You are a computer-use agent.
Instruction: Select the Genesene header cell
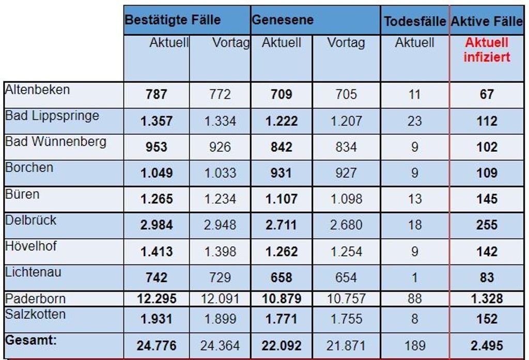pos(283,20)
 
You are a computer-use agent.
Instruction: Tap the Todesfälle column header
pos(414,21)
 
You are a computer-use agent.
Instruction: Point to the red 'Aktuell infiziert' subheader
pos(486,50)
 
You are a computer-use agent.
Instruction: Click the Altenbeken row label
pos(37,90)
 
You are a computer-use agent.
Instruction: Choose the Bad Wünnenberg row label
pos(56,142)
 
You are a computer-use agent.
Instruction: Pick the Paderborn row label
pos(36,299)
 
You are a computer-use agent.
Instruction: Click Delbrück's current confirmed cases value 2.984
pos(156,225)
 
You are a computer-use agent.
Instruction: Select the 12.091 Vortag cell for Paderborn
pos(220,299)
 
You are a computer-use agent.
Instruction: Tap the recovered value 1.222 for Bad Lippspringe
pos(282,121)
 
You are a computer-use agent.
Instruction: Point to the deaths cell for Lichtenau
pos(414,277)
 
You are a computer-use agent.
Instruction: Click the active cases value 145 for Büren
pos(487,199)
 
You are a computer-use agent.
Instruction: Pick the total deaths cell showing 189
pos(414,346)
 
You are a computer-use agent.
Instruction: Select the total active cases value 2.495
pos(487,346)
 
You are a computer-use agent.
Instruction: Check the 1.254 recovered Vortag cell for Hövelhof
pos(346,252)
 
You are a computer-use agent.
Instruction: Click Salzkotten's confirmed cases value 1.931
pos(156,319)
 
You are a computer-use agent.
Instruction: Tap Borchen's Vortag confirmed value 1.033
pos(220,173)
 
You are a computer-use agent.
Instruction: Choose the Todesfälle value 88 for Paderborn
pos(414,299)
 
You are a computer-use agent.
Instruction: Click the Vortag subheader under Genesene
pos(346,43)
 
